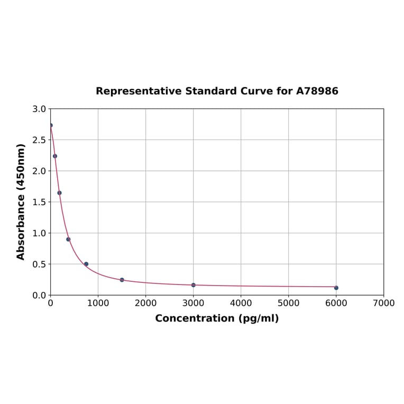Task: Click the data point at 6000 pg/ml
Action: [336, 288]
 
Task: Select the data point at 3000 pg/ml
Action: [193, 285]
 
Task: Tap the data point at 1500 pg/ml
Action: [122, 280]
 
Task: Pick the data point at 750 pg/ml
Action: [86, 264]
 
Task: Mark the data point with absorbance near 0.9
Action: [68, 239]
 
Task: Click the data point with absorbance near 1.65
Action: [59, 192]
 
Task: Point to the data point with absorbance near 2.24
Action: [55, 156]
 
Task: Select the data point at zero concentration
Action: [51, 125]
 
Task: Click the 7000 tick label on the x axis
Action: [383, 303]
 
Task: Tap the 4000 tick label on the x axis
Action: [241, 303]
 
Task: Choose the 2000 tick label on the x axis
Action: [145, 303]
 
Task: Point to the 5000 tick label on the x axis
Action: [288, 303]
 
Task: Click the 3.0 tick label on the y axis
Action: [39, 109]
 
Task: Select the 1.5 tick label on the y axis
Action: [39, 202]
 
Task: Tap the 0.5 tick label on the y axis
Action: [39, 264]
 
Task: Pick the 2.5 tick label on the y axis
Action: [39, 140]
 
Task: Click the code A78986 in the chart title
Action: [317, 91]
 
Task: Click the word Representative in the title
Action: [139, 91]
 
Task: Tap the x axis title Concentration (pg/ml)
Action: [217, 318]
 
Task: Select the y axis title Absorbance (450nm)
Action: [21, 201]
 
